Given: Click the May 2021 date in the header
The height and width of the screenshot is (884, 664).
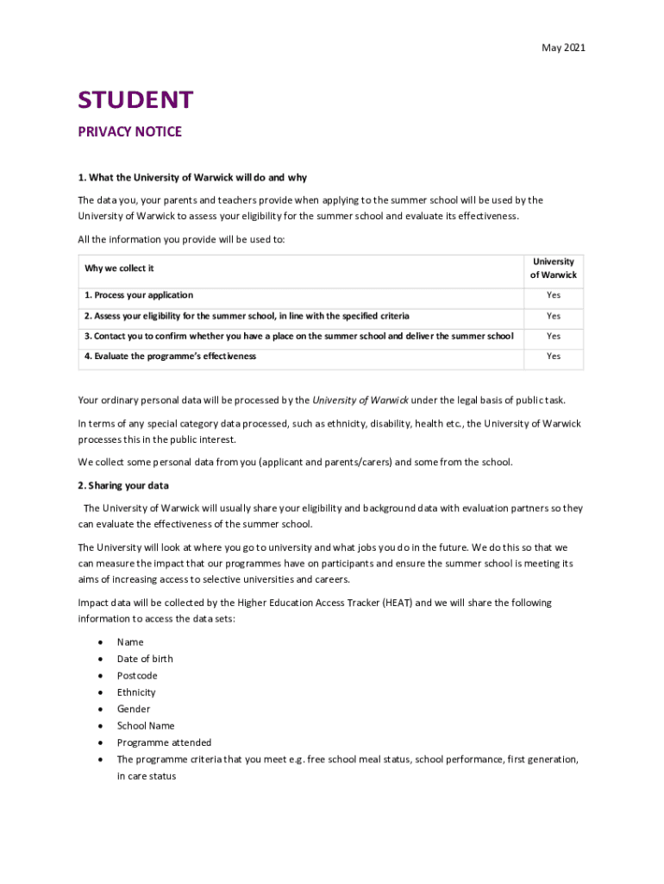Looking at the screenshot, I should [563, 48].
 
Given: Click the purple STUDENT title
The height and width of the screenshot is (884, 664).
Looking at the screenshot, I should [135, 100].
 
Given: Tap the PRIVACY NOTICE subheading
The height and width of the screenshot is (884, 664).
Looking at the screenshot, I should [129, 132].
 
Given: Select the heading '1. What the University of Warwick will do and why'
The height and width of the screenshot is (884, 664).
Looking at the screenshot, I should [192, 178].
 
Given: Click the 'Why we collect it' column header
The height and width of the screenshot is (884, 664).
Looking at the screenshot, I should [119, 268].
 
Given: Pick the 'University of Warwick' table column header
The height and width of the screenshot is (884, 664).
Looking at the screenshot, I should [553, 268].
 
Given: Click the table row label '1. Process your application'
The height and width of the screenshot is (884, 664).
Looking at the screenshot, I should [139, 295].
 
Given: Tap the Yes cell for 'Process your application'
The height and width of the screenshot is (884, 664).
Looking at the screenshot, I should [553, 295].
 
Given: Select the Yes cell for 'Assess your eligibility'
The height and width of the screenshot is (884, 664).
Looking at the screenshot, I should [553, 316].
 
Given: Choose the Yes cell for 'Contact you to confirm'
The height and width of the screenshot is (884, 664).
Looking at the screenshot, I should [553, 336].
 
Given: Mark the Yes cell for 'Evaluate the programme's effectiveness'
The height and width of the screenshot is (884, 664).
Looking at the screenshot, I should [553, 356].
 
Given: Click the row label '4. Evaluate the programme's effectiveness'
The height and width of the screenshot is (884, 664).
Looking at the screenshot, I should [170, 356].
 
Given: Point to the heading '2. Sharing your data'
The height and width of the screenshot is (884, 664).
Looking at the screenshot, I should [123, 485].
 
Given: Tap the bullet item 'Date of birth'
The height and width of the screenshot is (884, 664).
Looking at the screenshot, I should [145, 659].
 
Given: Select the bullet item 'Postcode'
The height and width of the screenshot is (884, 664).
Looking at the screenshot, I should [137, 676].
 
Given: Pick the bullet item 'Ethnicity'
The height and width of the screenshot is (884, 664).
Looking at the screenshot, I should [136, 692].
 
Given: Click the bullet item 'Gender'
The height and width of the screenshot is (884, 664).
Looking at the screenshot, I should [134, 709].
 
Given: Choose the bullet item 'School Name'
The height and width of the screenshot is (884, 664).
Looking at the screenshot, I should [146, 726].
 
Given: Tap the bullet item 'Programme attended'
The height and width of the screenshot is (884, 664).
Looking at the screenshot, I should [164, 742].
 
